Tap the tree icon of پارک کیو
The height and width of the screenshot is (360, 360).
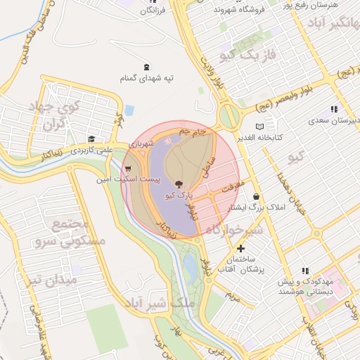(176, 181)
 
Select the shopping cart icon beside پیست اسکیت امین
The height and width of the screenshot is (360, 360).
(128, 169)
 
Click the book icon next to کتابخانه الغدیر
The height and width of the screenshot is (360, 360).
(259, 126)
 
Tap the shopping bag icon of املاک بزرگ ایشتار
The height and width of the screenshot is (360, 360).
(255, 196)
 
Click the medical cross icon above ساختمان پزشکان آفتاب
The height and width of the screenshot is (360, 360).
(241, 248)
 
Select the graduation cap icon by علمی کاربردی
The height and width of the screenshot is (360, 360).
(91, 139)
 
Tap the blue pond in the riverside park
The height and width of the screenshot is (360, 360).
(190, 266)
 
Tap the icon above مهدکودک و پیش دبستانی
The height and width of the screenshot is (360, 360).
(305, 270)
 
